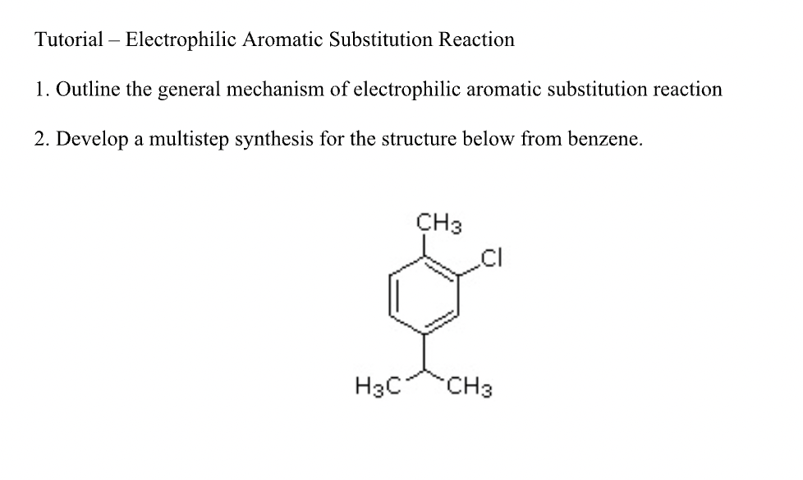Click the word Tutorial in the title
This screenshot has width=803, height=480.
pyautogui.click(x=69, y=39)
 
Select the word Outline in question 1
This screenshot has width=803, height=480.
pyautogui.click(x=86, y=90)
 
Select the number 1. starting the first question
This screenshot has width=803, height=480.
pyautogui.click(x=41, y=90)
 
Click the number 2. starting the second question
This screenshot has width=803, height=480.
pyautogui.click(x=41, y=139)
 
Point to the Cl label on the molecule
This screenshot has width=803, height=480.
pyautogui.click(x=490, y=262)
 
